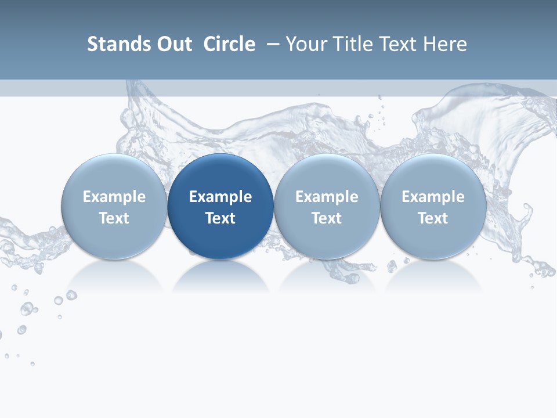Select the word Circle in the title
click(x=229, y=44)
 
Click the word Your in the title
click(x=306, y=44)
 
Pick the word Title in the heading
click(x=354, y=44)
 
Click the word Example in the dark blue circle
click(x=220, y=197)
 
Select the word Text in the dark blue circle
click(x=220, y=218)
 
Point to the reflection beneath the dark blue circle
click(x=220, y=275)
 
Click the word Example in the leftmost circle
click(x=114, y=197)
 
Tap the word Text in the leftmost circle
click(x=114, y=218)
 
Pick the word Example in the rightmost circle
click(x=433, y=197)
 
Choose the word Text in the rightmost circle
click(x=433, y=218)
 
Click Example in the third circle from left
click(x=327, y=197)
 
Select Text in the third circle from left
click(x=327, y=218)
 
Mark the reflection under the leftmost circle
click(x=114, y=275)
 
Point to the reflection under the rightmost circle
click(x=433, y=275)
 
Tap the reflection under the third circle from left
click(x=327, y=275)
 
